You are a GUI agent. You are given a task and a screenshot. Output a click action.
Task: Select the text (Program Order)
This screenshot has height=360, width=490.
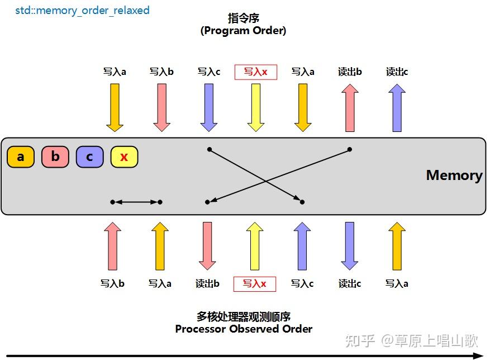[x=243, y=31]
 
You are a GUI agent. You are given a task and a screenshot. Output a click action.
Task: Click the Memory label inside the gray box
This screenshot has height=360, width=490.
[x=454, y=175]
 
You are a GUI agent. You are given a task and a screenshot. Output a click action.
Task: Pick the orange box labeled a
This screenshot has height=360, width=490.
[x=21, y=157]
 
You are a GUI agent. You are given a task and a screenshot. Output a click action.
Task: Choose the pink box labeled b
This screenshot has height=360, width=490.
[x=55, y=157]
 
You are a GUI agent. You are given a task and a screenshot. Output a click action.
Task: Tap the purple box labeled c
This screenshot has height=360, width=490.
[x=90, y=157]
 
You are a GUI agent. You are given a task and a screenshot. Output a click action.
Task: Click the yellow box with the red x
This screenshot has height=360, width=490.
[x=124, y=157]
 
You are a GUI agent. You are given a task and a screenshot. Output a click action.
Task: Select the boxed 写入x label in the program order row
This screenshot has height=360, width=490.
[x=256, y=72]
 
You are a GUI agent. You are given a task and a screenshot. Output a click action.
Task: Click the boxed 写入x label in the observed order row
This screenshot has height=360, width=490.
[x=254, y=284]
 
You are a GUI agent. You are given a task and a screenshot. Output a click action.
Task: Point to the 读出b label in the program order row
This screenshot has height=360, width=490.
[x=350, y=72]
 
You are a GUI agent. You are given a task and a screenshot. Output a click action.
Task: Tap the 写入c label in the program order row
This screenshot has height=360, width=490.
[x=209, y=72]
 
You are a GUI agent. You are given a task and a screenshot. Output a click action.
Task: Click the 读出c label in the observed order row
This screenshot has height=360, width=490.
[x=350, y=284]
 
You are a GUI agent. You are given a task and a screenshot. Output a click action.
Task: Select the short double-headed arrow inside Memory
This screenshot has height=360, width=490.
[x=136, y=202]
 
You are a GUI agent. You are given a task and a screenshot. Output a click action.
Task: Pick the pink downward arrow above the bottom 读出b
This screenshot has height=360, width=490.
[x=207, y=245]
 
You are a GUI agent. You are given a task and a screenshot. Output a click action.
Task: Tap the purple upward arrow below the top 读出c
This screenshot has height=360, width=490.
[x=397, y=107]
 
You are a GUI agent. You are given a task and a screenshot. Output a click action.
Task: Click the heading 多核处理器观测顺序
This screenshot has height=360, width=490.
[x=244, y=316]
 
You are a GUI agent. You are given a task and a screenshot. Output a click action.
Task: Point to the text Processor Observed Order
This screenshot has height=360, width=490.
[x=244, y=329]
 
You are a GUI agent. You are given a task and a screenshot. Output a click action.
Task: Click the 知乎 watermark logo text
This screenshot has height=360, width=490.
[x=360, y=340]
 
